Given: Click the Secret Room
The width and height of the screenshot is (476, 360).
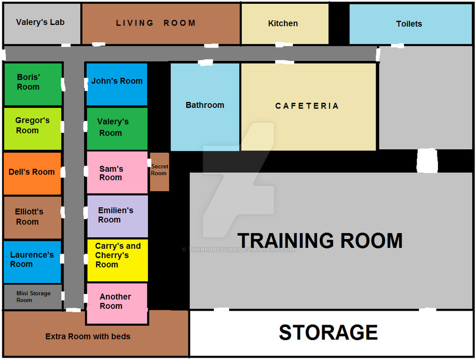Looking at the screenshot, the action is coord(160,172).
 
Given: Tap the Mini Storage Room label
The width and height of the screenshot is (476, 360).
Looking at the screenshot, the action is coord(33,296).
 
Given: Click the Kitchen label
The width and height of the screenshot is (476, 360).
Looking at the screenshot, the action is coord(283,23).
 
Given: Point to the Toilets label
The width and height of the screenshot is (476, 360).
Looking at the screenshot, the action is coord(409,24).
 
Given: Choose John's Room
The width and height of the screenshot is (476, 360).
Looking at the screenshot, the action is coord(117,84).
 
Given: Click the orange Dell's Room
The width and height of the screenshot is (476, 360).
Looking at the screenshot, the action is coord(33,173).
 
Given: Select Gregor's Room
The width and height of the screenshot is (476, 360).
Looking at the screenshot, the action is coord(33,129).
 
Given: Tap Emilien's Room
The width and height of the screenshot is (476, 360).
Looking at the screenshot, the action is coord(118,216).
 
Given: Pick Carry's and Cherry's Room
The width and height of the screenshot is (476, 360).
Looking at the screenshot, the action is coord(118,260).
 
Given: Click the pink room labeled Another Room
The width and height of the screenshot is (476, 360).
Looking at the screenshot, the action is coord(117,304).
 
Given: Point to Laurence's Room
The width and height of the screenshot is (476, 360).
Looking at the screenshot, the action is coord(33,262).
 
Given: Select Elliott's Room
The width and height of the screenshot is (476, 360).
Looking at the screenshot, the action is coord(33,218).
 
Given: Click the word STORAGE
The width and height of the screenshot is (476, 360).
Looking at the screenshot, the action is coord(328,333).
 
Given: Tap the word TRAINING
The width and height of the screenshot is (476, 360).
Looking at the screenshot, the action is coord(286,240).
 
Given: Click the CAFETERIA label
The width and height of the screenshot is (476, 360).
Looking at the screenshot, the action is coord(307,106).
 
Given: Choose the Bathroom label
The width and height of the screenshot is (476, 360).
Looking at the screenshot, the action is coord(205,105).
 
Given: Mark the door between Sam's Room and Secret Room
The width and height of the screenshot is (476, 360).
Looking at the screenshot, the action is coord(149,163).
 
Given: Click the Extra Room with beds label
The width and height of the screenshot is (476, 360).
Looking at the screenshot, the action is coord(88,336).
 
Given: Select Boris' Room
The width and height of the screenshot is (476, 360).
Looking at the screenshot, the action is coord(33,84).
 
